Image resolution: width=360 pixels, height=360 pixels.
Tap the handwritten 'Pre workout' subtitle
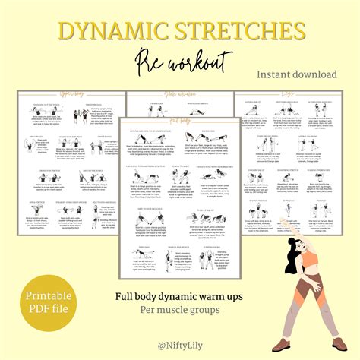click(180, 62)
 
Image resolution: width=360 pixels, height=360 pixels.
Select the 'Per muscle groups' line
click(179, 311)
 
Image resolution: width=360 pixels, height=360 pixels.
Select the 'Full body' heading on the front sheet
click(179, 119)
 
